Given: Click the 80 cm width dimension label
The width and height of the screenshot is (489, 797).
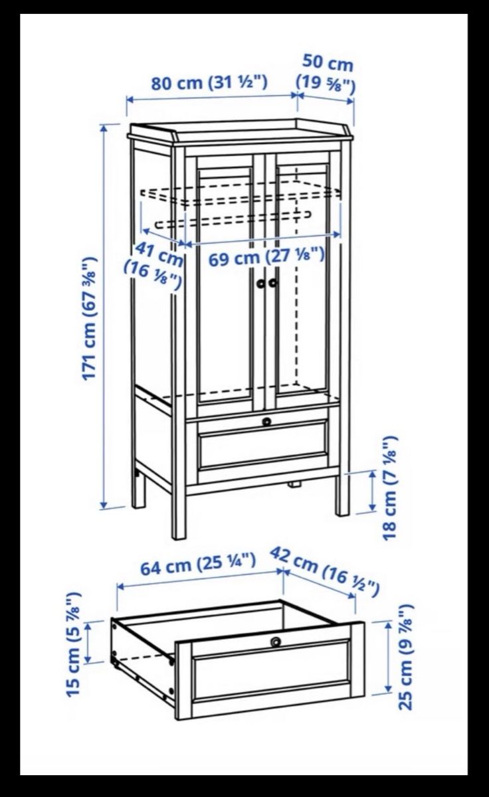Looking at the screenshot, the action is (209, 82).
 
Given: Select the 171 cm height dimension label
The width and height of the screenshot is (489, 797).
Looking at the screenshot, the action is (89, 318).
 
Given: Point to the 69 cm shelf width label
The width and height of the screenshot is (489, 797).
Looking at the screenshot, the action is (266, 256).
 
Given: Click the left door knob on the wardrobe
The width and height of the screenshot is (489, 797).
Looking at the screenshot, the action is (261, 283).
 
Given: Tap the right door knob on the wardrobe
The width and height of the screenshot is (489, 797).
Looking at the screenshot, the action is (273, 283).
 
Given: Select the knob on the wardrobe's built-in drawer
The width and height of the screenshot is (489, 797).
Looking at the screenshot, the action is (266, 421).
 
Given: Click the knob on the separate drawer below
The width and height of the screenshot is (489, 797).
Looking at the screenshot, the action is (276, 642).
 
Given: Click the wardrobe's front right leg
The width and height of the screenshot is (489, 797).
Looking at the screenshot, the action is (343, 495).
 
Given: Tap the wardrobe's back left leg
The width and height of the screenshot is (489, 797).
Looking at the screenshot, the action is (138, 489).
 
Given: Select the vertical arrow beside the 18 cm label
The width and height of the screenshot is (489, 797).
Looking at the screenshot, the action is (372, 490).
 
